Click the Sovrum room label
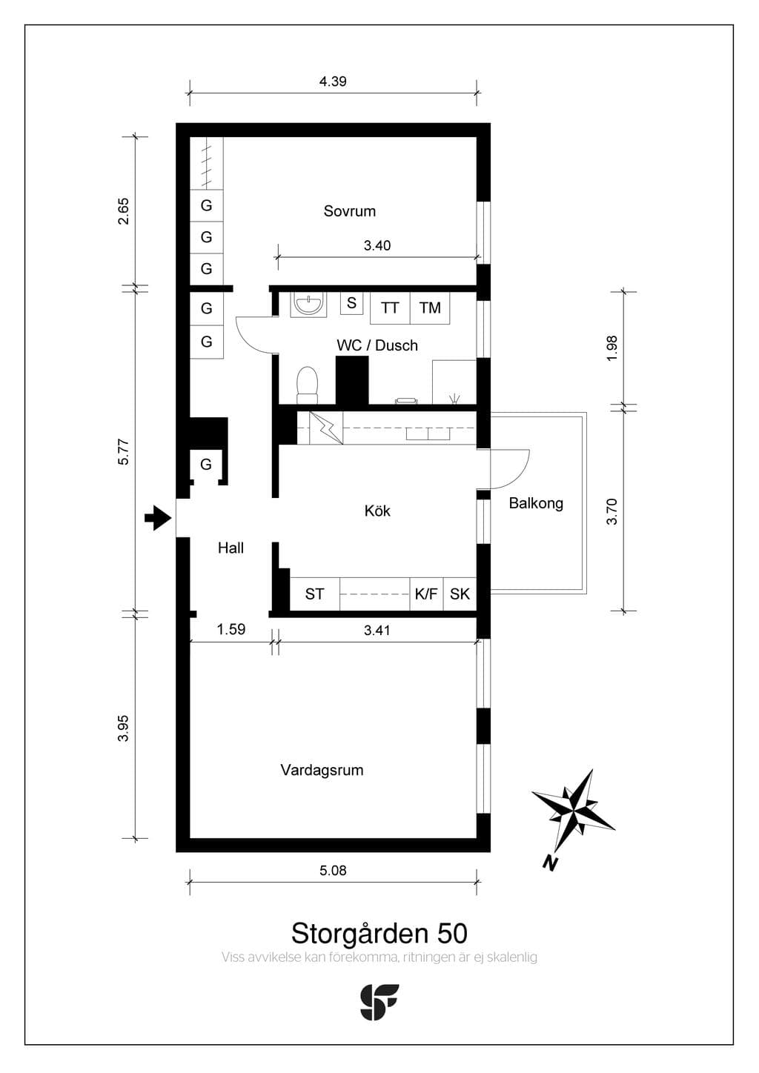click(349, 210)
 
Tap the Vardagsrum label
click(322, 770)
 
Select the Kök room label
click(377, 511)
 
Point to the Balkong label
click(536, 503)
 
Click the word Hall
click(231, 548)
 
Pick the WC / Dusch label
click(377, 345)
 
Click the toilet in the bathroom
click(307, 385)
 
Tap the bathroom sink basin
click(308, 305)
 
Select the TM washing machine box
click(430, 308)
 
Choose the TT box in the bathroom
click(390, 308)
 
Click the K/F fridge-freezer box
click(426, 594)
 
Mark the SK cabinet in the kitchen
click(460, 594)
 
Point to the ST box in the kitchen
click(315, 594)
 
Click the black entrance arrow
click(158, 518)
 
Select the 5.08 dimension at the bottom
click(333, 871)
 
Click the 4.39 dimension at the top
click(333, 82)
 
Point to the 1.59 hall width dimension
click(231, 629)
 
